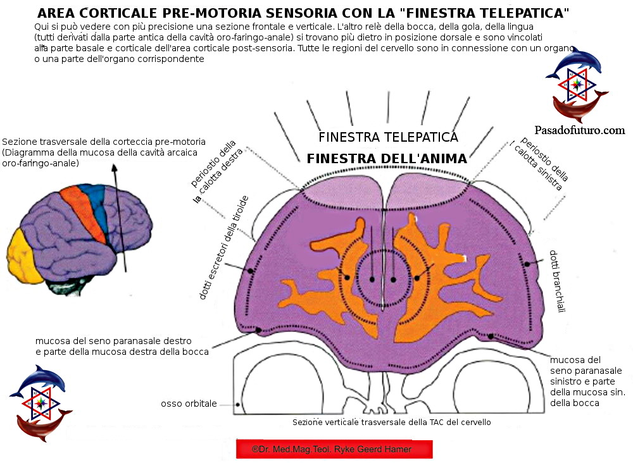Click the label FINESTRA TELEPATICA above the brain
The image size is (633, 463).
click(388, 137)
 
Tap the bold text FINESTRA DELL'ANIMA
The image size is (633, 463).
click(387, 159)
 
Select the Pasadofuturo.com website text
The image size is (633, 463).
click(579, 130)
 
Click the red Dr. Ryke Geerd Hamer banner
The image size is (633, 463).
click(334, 449)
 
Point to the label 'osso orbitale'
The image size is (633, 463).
click(189, 404)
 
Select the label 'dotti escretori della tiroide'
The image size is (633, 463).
click(223, 248)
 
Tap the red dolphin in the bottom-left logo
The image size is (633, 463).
click(42, 424)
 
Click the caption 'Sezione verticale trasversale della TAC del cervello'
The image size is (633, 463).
click(391, 422)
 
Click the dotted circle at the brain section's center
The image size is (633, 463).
click(382, 277)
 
